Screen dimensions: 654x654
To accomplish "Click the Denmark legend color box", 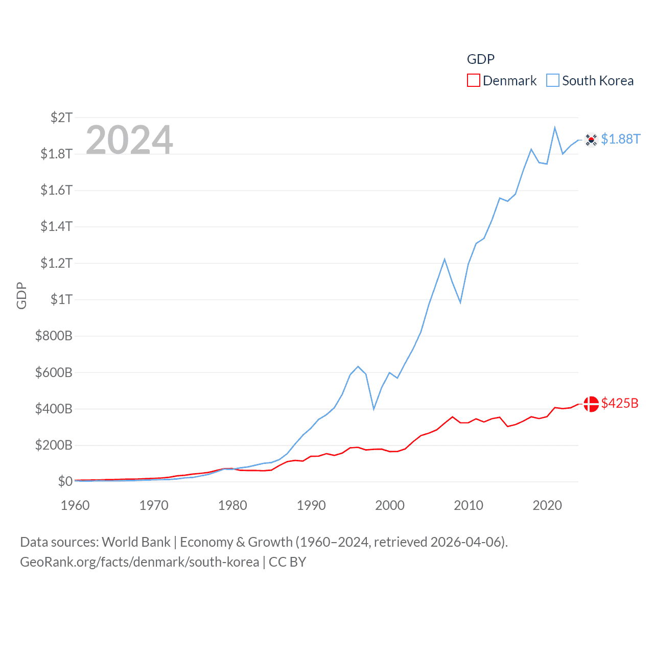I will pyautogui.click(x=474, y=81).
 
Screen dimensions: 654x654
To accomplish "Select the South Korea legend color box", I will pyautogui.click(x=553, y=81).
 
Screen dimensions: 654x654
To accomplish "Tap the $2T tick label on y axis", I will pyautogui.click(x=61, y=118).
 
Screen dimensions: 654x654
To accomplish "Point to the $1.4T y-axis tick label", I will pyautogui.click(x=56, y=226).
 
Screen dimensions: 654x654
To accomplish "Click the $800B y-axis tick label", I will pyautogui.click(x=54, y=336).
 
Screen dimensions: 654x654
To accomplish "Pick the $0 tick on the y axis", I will pyautogui.click(x=65, y=481).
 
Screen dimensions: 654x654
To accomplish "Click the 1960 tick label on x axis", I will pyautogui.click(x=75, y=505).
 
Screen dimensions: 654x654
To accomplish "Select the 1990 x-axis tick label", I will pyautogui.click(x=311, y=505).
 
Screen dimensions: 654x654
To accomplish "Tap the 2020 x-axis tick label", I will pyautogui.click(x=547, y=505).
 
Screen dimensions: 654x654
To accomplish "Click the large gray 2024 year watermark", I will pyautogui.click(x=129, y=139).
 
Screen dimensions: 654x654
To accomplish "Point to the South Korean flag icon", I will pyautogui.click(x=591, y=139).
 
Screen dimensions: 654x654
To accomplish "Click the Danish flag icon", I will pyautogui.click(x=591, y=404).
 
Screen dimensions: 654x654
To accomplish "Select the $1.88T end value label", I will pyautogui.click(x=621, y=139).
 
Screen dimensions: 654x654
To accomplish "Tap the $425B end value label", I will pyautogui.click(x=620, y=403).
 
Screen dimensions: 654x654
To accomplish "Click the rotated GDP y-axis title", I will pyautogui.click(x=21, y=295).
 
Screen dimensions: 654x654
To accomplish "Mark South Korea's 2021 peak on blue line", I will pyautogui.click(x=555, y=128).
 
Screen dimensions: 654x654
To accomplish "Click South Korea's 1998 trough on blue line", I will pyautogui.click(x=374, y=409).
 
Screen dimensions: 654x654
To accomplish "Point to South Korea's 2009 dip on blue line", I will pyautogui.click(x=460, y=302).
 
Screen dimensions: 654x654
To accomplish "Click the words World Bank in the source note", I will pyautogui.click(x=136, y=542).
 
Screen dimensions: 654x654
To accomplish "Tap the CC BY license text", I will pyautogui.click(x=287, y=562).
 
